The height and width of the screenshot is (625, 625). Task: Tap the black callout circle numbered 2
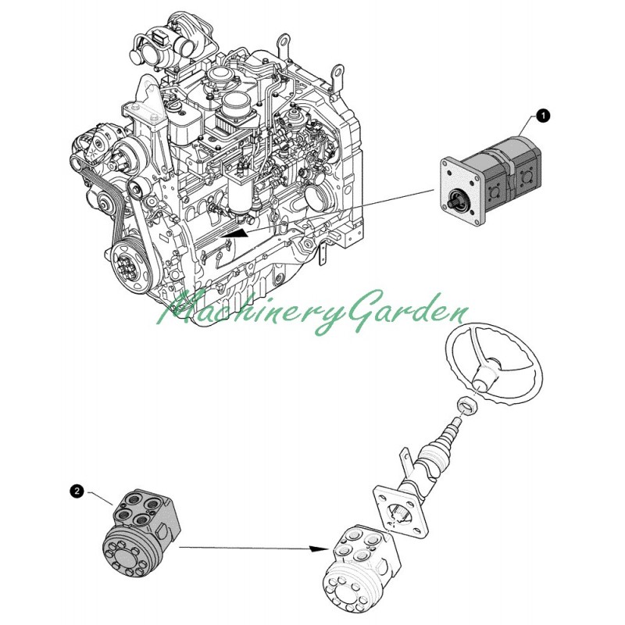77,491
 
